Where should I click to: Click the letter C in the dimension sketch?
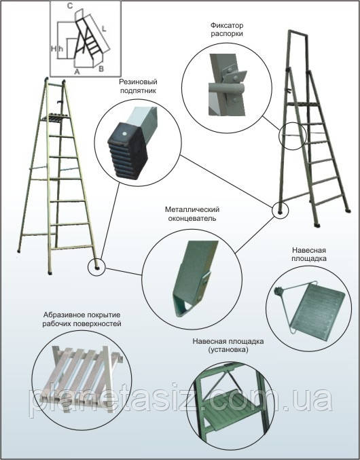[x=70, y=6]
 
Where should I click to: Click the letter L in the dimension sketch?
[x=104, y=29]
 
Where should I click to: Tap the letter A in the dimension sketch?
[x=77, y=71]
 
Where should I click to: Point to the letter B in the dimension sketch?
[x=101, y=69]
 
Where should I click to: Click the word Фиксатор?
[x=227, y=26]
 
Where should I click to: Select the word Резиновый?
[x=138, y=82]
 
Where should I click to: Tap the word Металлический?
[x=192, y=210]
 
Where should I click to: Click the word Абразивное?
[x=62, y=315]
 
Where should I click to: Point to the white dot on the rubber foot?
[x=124, y=134]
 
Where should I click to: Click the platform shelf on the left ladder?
[x=56, y=118]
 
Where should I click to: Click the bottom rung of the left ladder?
[x=73, y=247]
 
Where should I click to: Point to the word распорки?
[x=227, y=34]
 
